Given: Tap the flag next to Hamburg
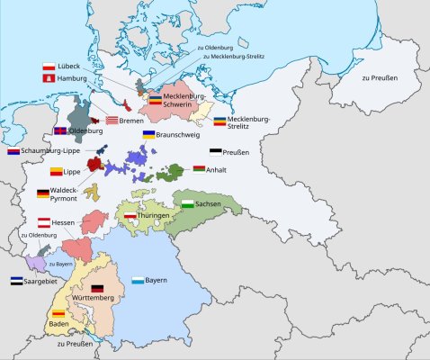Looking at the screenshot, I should click(49, 79).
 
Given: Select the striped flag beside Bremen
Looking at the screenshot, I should click(112, 120).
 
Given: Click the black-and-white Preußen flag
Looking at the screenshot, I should click(215, 152).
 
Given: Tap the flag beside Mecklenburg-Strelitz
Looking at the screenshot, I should click(219, 121).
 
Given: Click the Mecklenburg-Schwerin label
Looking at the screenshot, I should click(184, 100).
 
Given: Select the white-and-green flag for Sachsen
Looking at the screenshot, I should click(188, 205).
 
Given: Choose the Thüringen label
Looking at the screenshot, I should click(157, 216).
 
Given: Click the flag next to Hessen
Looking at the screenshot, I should click(43, 221).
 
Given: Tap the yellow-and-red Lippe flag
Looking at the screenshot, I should click(56, 171).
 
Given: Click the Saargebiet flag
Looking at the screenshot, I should click(16, 281).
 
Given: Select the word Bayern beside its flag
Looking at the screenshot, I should click(156, 281).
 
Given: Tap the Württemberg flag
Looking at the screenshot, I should click(96, 288).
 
